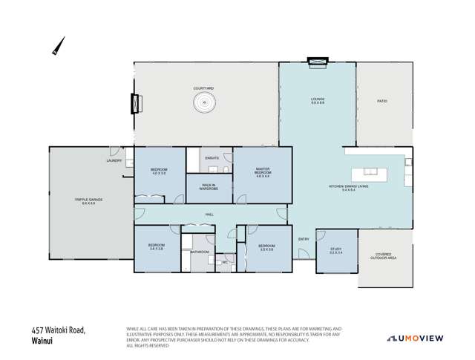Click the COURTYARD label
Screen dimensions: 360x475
(203, 88)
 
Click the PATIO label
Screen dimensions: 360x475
(382, 100)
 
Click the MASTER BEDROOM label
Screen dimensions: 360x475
(263, 174)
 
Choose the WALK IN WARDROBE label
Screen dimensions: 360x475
(208, 186)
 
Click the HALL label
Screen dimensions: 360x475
(210, 215)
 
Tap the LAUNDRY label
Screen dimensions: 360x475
(114, 160)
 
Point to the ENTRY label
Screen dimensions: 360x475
(304, 239)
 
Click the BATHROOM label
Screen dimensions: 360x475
(199, 252)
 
